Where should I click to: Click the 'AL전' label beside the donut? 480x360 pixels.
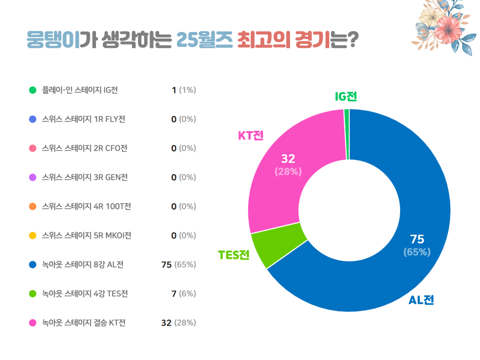pos(421,300)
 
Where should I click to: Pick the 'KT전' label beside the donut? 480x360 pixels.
pos(250,135)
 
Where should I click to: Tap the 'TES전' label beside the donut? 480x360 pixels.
pos(233,254)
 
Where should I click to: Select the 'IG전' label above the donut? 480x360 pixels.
pos(346,96)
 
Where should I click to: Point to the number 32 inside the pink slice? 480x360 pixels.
pos(288,159)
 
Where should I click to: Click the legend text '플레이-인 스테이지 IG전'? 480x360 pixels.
pos(80,90)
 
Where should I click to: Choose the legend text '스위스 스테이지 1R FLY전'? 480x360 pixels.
pos(84,119)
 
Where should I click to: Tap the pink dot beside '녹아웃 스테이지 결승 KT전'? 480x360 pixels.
pos(33,322)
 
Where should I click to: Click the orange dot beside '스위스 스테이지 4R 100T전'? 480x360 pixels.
pos(33,206)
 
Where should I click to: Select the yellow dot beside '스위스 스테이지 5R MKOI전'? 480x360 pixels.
pos(33,235)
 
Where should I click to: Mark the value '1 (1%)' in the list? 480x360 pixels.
pos(183,90)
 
